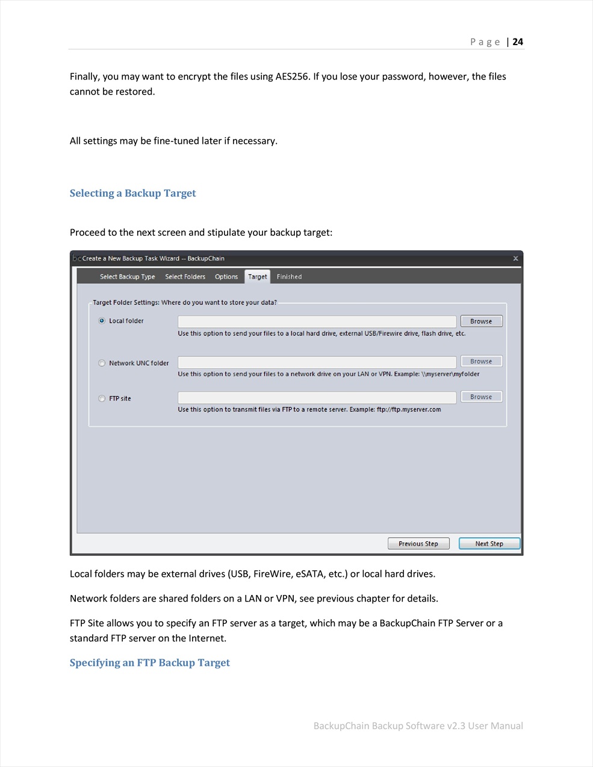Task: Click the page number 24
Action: tap(518, 42)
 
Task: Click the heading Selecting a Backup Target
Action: tap(132, 193)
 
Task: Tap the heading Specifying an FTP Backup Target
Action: tap(149, 662)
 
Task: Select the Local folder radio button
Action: tap(102, 321)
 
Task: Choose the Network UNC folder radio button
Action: tap(102, 363)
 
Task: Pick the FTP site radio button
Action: tap(102, 398)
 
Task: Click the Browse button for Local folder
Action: tap(481, 321)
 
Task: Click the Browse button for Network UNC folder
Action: tap(481, 361)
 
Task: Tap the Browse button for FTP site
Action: tap(481, 396)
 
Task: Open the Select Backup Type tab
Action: tap(127, 277)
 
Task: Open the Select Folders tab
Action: tap(185, 277)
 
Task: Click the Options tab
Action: tap(226, 277)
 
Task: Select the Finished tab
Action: tap(289, 277)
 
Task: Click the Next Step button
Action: tap(489, 544)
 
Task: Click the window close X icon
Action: tap(515, 259)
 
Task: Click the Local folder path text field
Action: tap(317, 321)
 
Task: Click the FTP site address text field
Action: tap(317, 398)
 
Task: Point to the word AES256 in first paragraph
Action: tap(292, 76)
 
